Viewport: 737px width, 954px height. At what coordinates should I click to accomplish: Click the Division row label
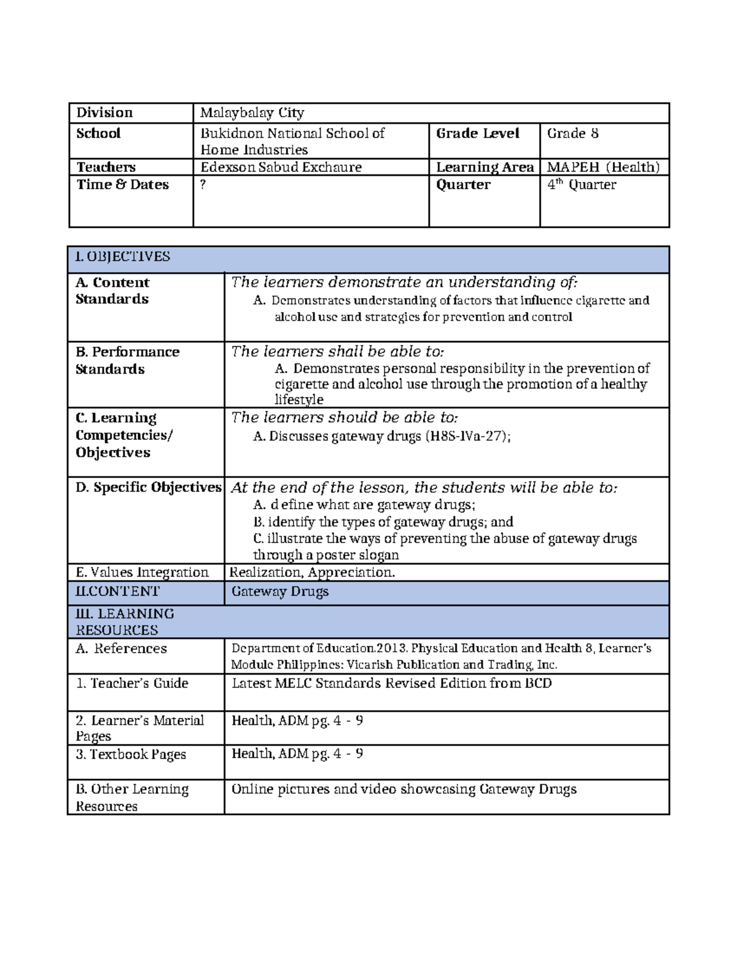(104, 113)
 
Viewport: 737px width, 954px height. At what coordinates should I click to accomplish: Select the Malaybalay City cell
(252, 113)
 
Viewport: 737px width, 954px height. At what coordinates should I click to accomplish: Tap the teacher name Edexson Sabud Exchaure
(281, 167)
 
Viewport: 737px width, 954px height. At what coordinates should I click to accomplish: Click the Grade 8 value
(572, 134)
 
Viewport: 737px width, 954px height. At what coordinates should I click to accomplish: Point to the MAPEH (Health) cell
(603, 167)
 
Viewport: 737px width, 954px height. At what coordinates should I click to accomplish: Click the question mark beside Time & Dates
(203, 185)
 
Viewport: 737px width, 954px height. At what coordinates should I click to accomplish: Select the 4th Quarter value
(581, 185)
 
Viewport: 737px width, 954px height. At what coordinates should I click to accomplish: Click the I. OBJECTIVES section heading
(122, 257)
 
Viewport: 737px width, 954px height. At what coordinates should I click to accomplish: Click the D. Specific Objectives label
(148, 488)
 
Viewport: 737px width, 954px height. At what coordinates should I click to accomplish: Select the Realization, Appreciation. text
(312, 573)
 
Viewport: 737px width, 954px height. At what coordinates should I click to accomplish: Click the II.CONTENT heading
(117, 592)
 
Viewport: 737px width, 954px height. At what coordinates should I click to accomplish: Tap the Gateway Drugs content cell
(279, 592)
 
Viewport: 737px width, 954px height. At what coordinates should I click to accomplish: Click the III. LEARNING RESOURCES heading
(125, 622)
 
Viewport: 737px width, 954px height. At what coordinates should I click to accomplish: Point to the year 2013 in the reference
(391, 649)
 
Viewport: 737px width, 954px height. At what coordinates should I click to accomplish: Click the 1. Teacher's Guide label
(131, 684)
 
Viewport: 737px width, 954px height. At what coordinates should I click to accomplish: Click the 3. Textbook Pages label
(130, 755)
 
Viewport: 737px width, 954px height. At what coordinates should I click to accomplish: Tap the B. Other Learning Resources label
(131, 797)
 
